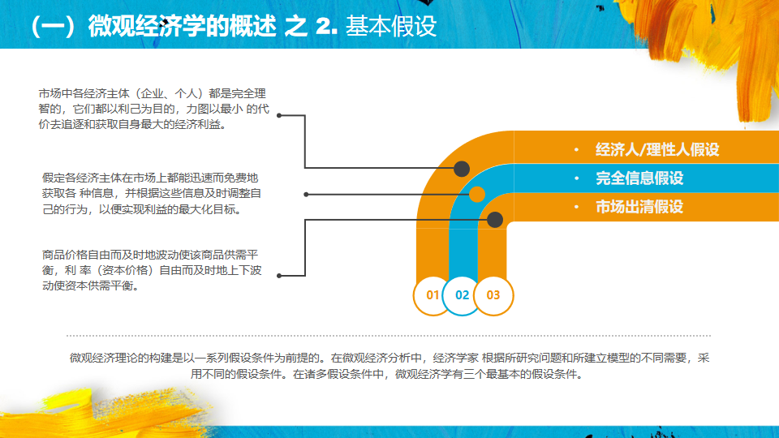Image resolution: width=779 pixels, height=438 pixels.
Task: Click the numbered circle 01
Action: click(432, 295)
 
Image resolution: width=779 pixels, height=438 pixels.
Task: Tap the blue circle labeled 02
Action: click(463, 295)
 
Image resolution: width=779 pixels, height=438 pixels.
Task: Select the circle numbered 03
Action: click(493, 295)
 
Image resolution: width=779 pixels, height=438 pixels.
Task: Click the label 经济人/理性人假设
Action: click(657, 150)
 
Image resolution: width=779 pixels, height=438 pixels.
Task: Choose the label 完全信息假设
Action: click(639, 178)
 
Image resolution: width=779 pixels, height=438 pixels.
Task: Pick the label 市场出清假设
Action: click(639, 207)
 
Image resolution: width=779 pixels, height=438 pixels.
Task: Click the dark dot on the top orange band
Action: click(462, 169)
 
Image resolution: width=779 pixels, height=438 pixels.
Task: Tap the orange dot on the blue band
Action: click(477, 194)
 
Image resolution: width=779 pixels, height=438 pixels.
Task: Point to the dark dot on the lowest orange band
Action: click(495, 219)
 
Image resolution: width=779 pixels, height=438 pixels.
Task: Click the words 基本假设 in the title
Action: click(391, 26)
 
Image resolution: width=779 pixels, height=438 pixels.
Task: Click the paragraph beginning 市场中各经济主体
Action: click(153, 109)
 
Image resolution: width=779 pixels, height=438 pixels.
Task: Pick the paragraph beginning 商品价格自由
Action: click(153, 269)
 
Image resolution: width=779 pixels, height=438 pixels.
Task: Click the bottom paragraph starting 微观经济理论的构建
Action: click(389, 365)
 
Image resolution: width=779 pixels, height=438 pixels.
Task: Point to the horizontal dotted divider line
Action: click(389, 335)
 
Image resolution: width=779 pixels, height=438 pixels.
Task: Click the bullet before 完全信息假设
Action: click(576, 178)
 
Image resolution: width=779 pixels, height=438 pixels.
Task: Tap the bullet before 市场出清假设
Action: click(576, 207)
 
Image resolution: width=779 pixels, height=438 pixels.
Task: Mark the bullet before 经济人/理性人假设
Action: click(576, 150)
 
